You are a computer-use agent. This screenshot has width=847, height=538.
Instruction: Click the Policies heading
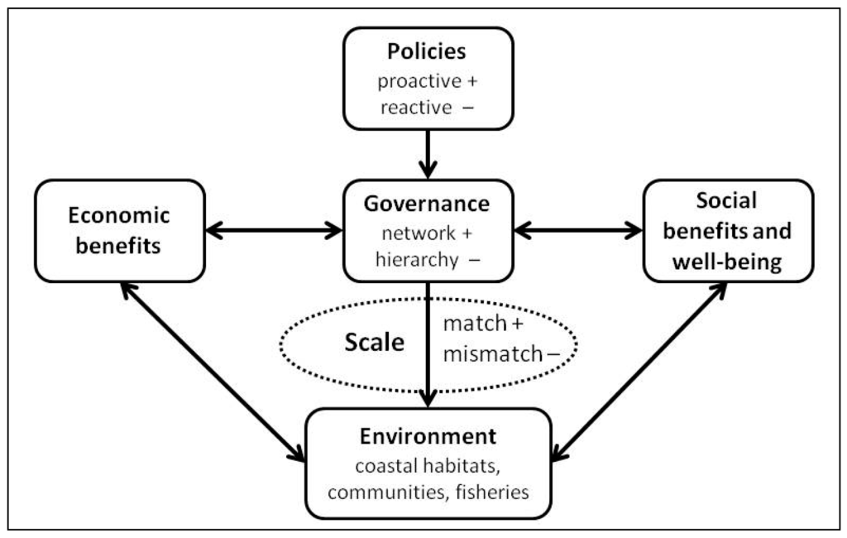pos(427,51)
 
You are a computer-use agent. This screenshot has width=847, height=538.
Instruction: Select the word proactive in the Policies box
pos(419,82)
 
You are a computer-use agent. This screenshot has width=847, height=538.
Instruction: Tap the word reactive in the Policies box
pos(416,108)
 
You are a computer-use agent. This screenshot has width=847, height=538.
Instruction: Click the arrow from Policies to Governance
pos(428,153)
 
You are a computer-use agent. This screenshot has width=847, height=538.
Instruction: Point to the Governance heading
pos(428,204)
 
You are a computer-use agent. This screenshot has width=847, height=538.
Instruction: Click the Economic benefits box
pos(119,231)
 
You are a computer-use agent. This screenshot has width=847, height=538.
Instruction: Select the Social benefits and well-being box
pos(728,231)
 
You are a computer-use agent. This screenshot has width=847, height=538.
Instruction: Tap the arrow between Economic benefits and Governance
pos(274,231)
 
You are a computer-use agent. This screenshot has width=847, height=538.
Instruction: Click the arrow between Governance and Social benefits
pos(577,231)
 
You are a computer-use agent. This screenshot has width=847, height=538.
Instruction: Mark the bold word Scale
pos(375,343)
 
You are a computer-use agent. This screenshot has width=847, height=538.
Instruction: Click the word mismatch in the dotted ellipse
pos(493,354)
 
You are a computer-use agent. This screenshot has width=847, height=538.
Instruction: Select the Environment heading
pos(428,436)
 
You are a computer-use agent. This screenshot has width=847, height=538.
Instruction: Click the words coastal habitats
pos(428,466)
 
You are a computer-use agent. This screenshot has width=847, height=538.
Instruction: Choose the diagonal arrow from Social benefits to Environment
pos(639,371)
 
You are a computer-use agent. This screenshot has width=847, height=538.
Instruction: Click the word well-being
pos(728,263)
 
